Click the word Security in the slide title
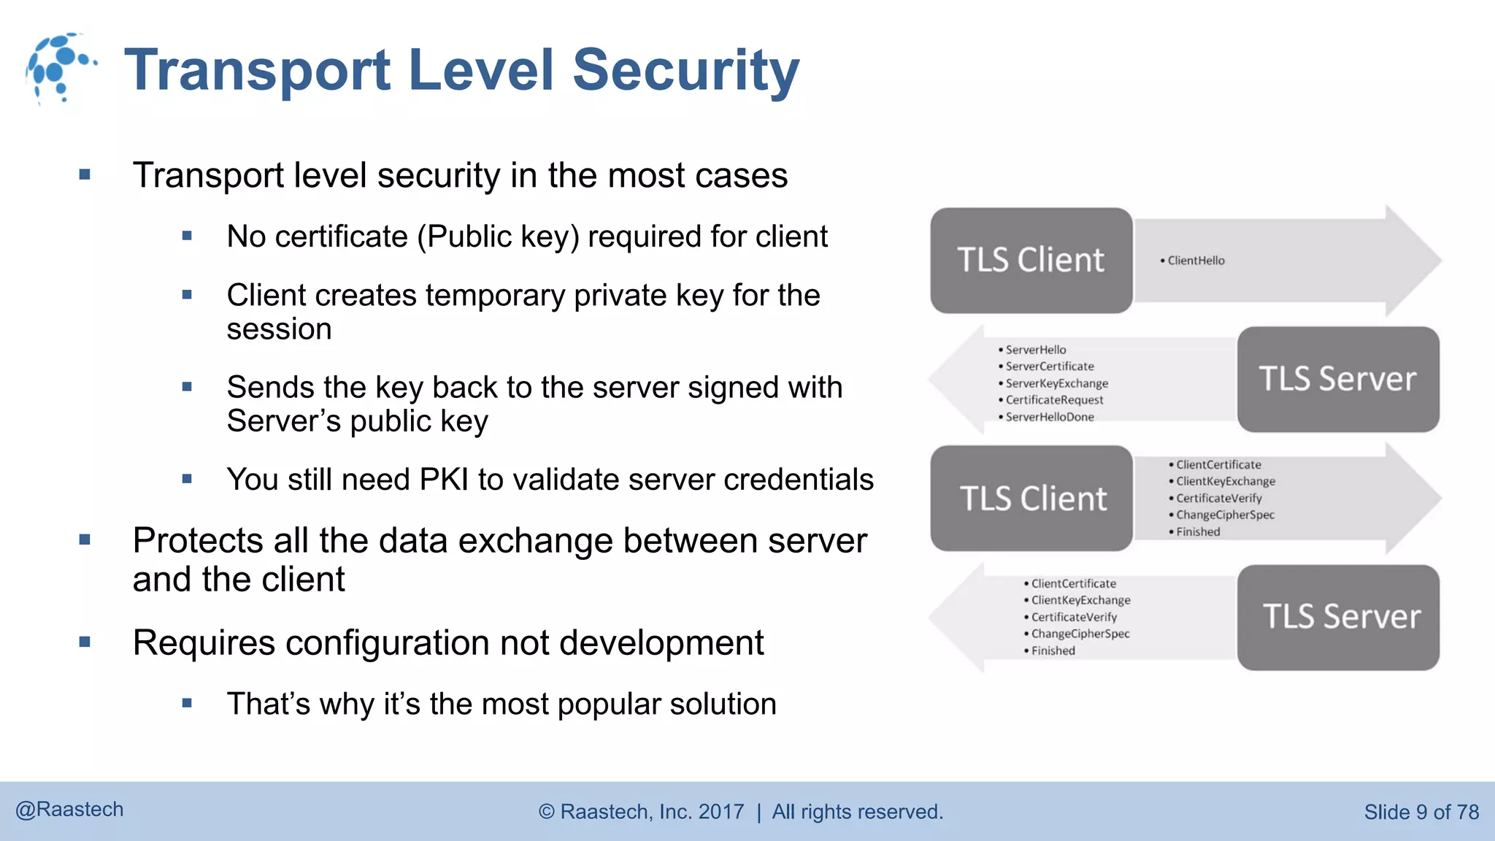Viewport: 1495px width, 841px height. pos(685,70)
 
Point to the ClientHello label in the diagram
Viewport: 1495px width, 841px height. pos(1196,261)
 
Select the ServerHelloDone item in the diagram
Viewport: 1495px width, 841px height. pos(1050,417)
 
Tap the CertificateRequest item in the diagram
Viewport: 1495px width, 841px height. pos(1054,400)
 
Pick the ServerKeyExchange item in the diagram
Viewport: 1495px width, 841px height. pos(1056,383)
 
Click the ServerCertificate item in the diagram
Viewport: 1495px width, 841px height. pos(1050,366)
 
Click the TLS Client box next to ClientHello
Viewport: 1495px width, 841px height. pos(1031,261)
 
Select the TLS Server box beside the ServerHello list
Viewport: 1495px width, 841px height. pos(1337,379)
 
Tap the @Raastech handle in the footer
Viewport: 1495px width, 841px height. pos(69,810)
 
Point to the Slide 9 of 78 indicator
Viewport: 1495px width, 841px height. pos(1421,812)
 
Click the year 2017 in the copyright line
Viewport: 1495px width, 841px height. pos(721,812)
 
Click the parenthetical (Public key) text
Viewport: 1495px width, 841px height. pos(498,237)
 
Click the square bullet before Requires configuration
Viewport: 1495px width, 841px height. pos(85,642)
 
